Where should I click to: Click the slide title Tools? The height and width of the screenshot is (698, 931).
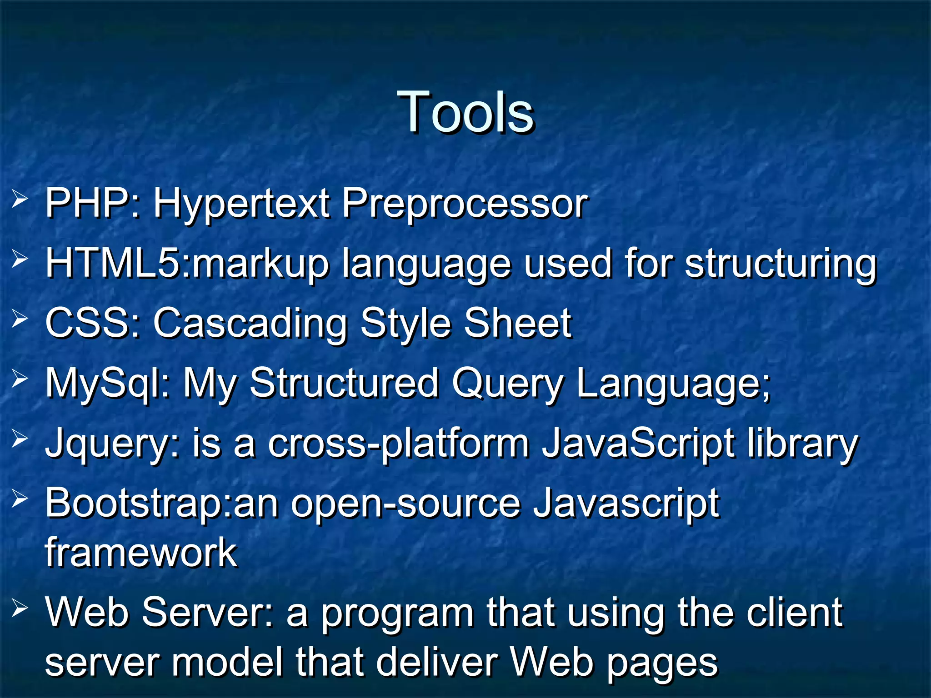pyautogui.click(x=465, y=112)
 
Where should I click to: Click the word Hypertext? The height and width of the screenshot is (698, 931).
pyautogui.click(x=241, y=204)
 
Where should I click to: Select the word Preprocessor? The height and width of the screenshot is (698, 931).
pyautogui.click(x=465, y=204)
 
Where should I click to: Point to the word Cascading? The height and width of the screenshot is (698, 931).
pyautogui.click(x=250, y=324)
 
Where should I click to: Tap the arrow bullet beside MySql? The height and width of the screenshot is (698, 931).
pyautogui.click(x=20, y=378)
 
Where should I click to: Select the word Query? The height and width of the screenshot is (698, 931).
pyautogui.click(x=507, y=384)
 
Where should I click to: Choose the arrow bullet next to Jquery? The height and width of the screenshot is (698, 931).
pyautogui.click(x=20, y=439)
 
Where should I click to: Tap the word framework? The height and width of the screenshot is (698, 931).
pyautogui.click(x=141, y=553)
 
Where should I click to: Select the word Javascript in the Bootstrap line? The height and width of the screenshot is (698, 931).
pyautogui.click(x=626, y=504)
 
